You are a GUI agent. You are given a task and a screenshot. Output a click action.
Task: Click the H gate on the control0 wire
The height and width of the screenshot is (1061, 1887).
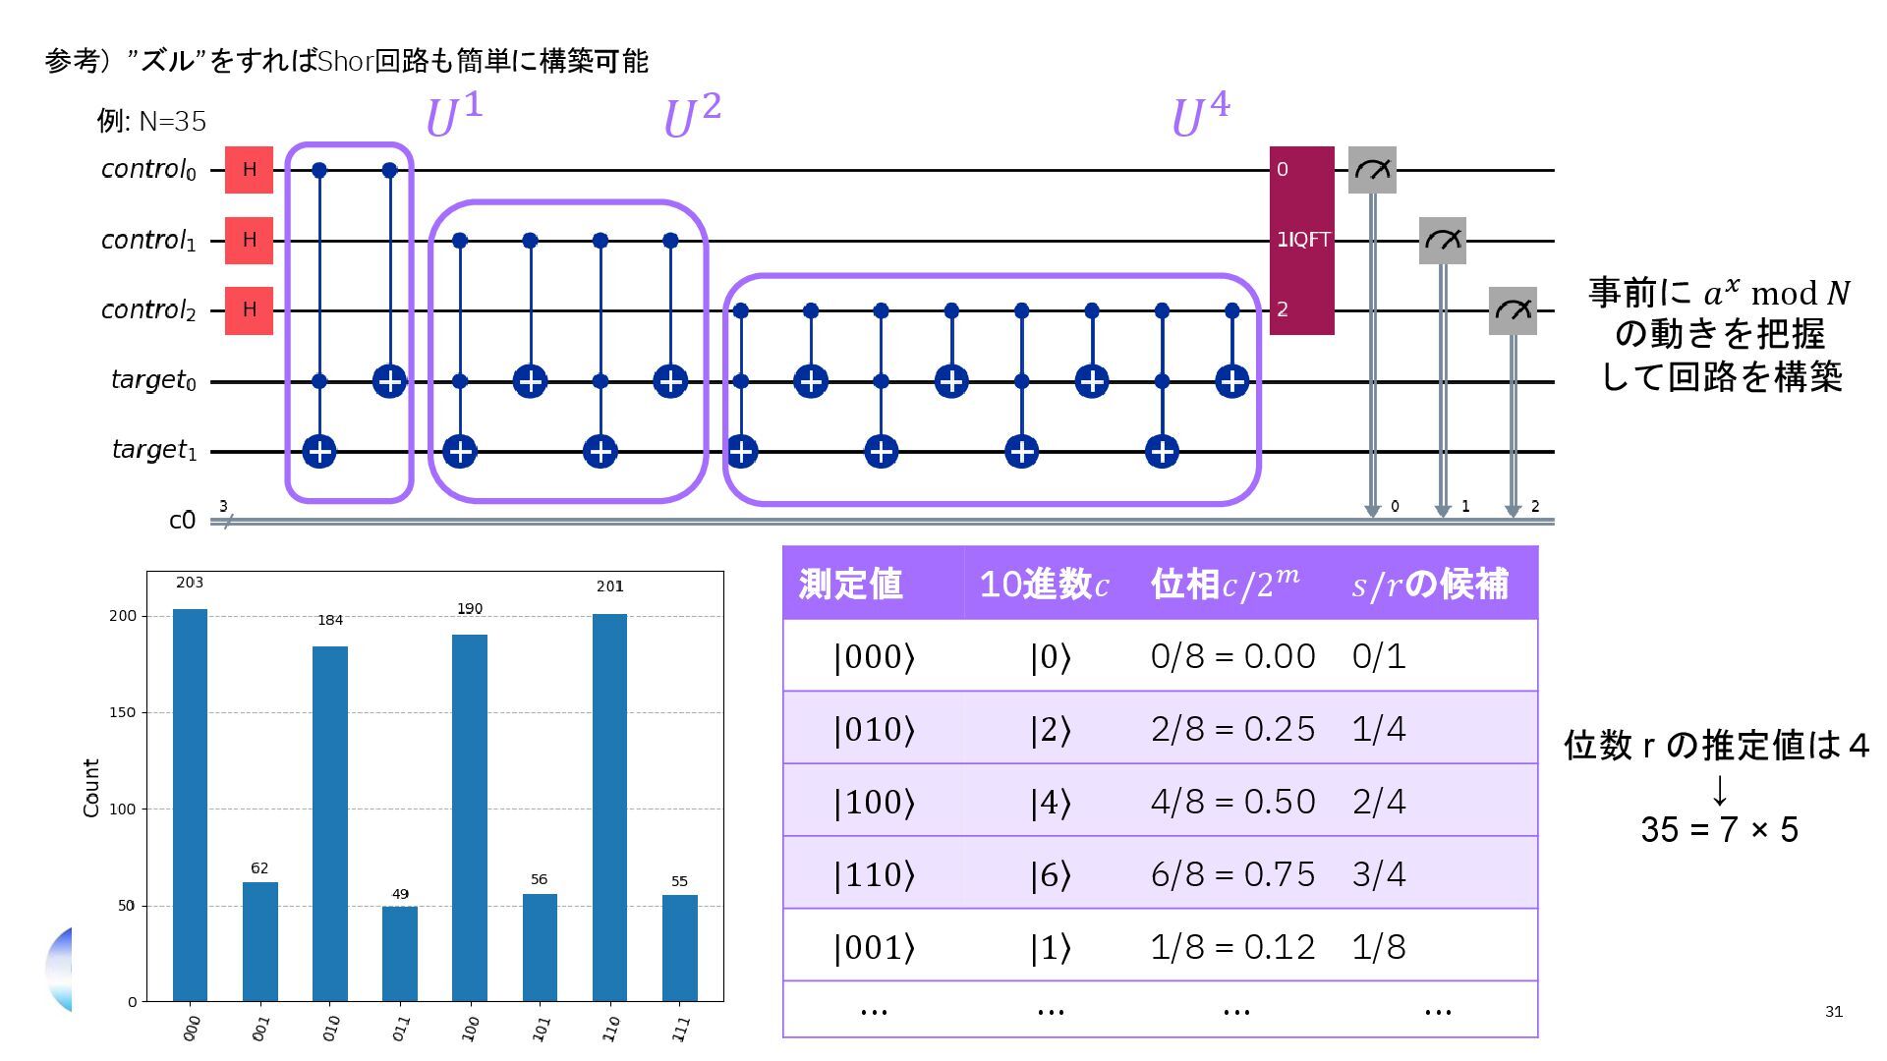[x=249, y=170]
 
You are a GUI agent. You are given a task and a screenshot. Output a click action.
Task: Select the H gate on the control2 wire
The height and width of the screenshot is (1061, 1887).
[x=249, y=309]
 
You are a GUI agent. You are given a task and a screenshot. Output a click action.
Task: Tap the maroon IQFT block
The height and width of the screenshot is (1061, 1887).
[x=1301, y=240]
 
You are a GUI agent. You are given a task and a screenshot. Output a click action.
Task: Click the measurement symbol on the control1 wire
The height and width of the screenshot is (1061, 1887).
[x=1442, y=240]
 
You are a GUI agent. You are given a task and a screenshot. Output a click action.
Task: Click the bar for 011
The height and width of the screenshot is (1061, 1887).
[x=400, y=953]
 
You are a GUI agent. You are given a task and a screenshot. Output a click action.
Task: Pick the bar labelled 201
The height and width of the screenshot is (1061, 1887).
[x=609, y=806]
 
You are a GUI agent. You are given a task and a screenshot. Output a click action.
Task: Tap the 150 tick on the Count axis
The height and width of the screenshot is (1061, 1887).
[x=123, y=712]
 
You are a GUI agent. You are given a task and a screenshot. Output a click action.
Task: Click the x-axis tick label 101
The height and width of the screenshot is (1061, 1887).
[x=541, y=1029]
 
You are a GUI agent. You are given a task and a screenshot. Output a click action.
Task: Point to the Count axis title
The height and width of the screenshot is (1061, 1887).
[x=91, y=787]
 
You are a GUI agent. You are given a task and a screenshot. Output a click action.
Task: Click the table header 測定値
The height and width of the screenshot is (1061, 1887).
[x=850, y=584]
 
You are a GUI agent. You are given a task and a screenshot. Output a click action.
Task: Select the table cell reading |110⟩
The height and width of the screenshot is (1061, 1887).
[x=874, y=873]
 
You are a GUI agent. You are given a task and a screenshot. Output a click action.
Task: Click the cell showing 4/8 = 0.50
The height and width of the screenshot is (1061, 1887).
[x=1232, y=801]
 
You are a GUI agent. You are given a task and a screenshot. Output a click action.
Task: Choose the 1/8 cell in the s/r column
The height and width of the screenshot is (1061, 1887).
[x=1379, y=946]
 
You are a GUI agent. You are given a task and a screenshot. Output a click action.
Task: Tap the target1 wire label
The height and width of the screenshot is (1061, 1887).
[x=154, y=450]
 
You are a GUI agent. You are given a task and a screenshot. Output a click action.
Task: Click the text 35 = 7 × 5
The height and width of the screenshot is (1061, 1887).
[x=1719, y=829]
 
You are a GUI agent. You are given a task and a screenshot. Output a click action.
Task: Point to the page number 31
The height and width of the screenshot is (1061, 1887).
[x=1833, y=1012]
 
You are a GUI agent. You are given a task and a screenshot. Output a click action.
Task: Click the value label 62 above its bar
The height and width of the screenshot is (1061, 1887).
[x=259, y=867]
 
